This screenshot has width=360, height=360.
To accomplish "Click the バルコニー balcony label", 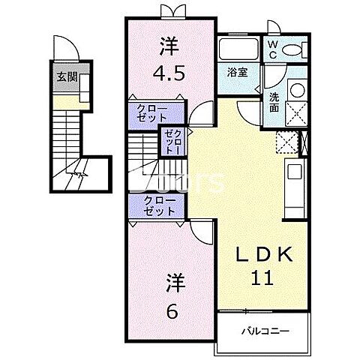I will coord(265,331).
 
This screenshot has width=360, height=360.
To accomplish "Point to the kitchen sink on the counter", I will coord(294,173).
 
